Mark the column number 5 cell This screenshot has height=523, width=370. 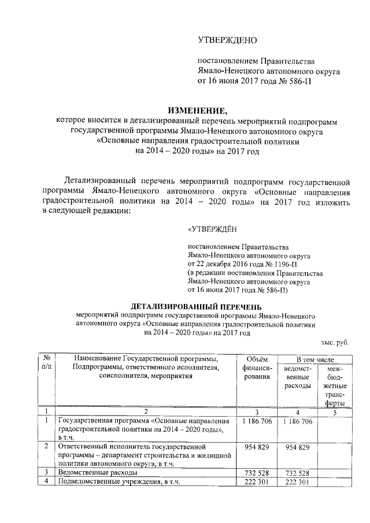coord(335,411)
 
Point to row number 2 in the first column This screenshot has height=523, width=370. coord(46,447)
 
